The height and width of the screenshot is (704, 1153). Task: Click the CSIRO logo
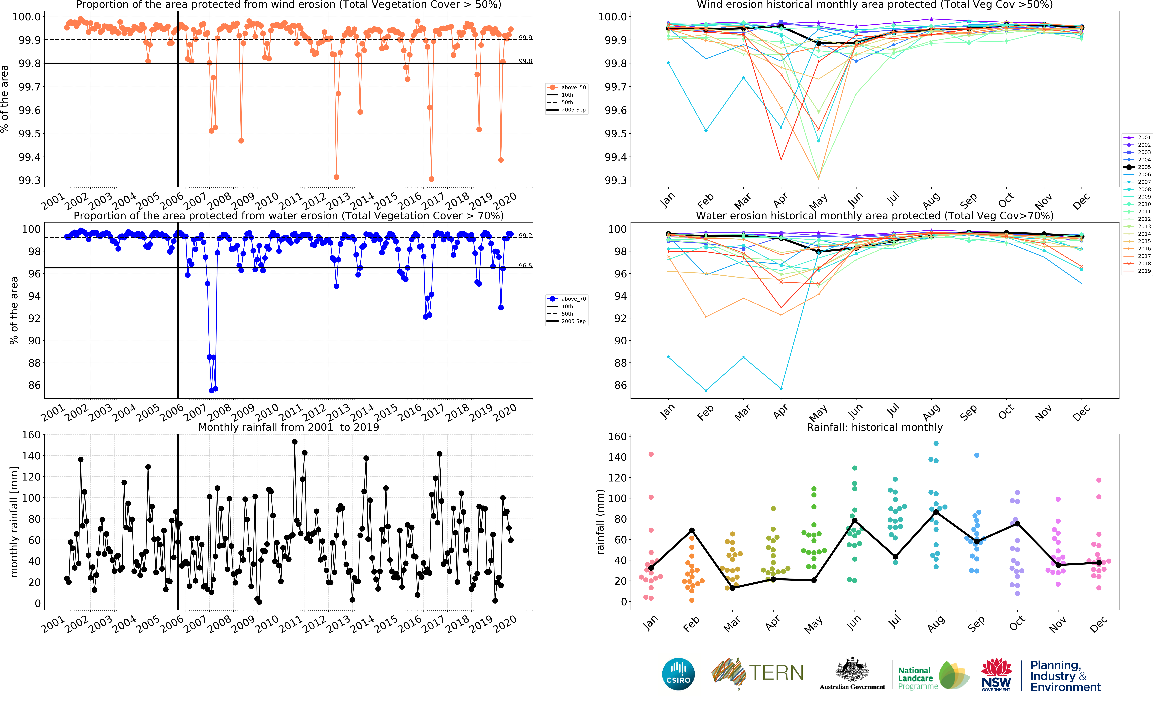678,674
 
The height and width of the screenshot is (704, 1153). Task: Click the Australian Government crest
852,670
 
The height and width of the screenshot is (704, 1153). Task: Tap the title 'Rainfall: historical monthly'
875,427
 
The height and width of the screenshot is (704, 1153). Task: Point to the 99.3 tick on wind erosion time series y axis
29,181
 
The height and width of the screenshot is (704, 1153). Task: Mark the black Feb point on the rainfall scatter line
692,530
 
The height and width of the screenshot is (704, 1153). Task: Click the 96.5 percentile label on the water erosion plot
525,266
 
